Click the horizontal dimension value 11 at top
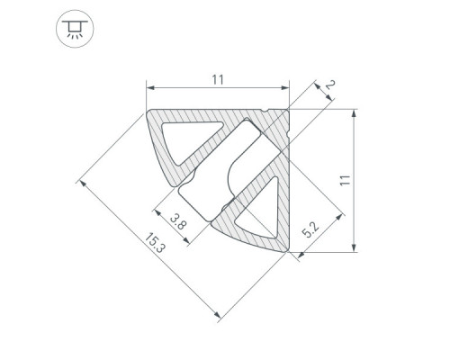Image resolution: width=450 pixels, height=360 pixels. point(218,80)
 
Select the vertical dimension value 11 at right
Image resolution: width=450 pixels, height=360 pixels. point(346,180)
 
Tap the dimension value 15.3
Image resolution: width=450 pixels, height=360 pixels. point(155,243)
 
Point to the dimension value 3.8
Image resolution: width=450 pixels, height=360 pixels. point(178,220)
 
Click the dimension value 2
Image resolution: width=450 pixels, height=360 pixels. point(330,85)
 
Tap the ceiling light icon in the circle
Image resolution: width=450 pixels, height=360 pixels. point(75,29)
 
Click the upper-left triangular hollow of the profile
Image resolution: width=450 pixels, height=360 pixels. point(190,139)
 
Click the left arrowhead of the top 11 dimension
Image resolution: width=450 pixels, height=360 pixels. point(150,88)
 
